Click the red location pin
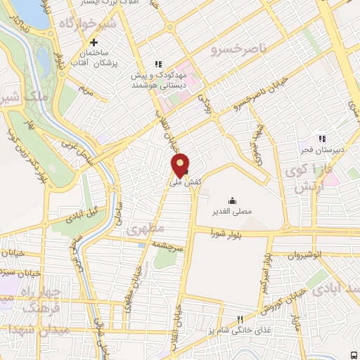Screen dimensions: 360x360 (181, 165)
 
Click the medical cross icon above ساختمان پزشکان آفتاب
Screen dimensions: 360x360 (94, 42)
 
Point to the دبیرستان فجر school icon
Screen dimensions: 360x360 (322, 139)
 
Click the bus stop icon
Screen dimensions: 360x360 (354, 354)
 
